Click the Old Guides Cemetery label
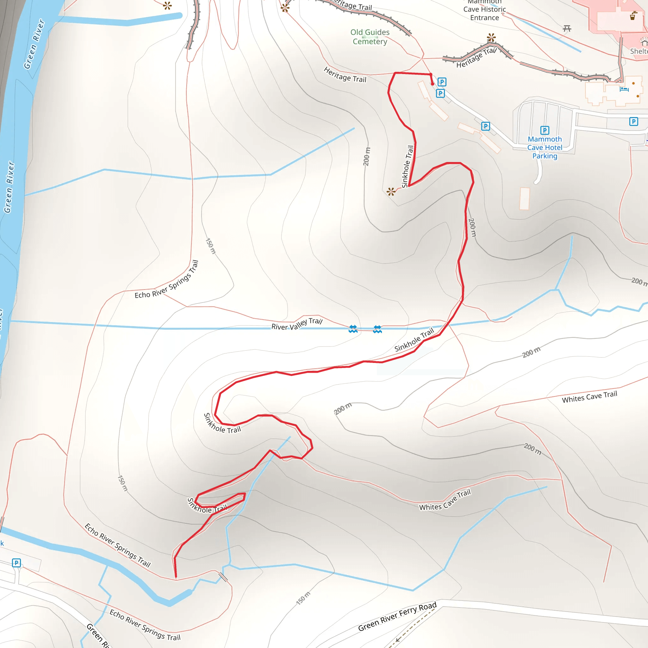(370, 37)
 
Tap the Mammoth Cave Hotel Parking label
(545, 147)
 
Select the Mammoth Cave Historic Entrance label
(484, 10)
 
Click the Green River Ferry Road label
(397, 616)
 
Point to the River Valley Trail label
(297, 324)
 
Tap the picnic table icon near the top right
(567, 28)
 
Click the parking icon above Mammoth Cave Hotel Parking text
(545, 130)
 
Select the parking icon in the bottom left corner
(16, 563)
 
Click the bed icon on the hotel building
(624, 89)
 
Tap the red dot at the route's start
(432, 84)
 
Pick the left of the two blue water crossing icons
(353, 329)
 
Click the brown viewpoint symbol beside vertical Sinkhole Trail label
(391, 191)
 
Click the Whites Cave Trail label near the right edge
(589, 397)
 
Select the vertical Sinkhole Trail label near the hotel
(408, 166)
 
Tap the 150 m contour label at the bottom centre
(303, 598)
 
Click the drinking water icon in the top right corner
(633, 16)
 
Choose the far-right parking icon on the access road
(633, 121)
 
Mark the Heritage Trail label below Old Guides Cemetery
(345, 74)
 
